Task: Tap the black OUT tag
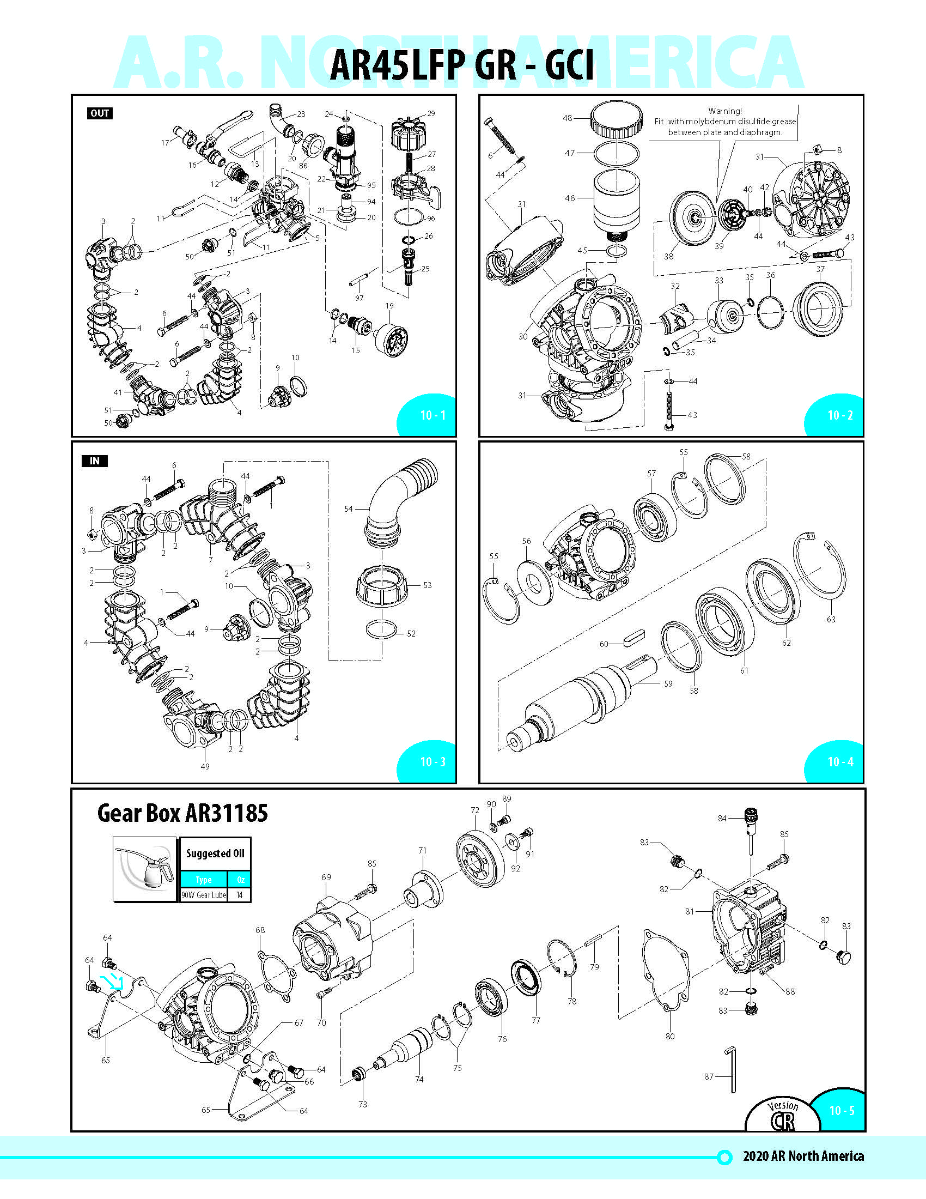point(100,114)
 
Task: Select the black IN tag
point(94,461)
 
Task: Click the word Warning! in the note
point(724,111)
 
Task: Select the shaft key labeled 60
point(634,638)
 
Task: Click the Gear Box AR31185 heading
point(182,813)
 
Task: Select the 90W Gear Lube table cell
point(204,895)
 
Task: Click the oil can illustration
point(145,869)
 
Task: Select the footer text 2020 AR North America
point(802,1156)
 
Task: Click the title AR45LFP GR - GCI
point(462,65)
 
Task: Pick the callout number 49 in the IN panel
point(205,766)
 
